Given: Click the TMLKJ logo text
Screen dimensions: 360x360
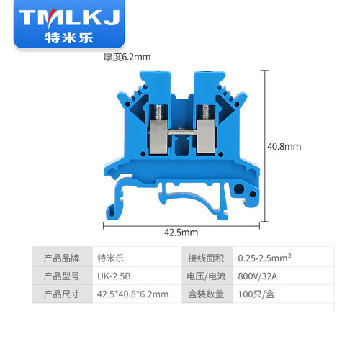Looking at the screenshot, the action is [69, 17].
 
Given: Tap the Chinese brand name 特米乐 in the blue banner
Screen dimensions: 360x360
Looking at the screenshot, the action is [69, 38].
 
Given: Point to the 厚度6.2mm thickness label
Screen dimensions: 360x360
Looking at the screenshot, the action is [127, 57].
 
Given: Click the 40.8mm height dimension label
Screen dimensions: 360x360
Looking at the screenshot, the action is [284, 147].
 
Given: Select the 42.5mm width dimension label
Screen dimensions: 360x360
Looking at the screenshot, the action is [181, 233].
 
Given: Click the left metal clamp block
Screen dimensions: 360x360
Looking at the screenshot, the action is [158, 136].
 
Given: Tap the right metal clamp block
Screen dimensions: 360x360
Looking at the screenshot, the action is [206, 136].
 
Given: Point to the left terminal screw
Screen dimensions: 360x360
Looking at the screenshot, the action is [158, 112].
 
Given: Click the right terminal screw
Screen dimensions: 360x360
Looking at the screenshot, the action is [206, 112].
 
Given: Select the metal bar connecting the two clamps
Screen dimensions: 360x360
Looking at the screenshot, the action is [182, 132].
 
